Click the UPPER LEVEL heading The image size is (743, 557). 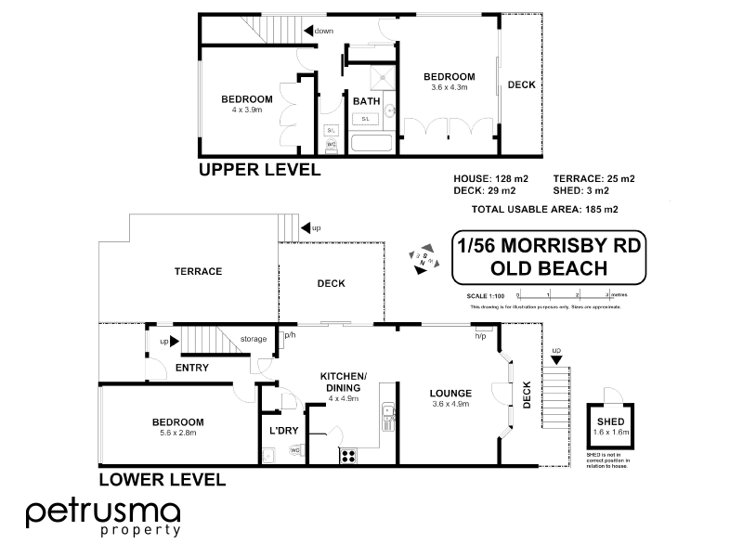(259, 170)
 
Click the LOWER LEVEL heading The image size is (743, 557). (162, 480)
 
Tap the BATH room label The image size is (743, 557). (365, 101)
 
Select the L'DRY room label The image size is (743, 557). (282, 432)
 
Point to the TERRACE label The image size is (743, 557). (198, 271)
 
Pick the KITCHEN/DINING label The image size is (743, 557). (344, 381)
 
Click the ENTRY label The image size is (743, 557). (191, 368)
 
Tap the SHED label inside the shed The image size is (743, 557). (610, 421)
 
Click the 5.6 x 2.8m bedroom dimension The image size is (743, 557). (177, 433)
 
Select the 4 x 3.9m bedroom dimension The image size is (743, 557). (246, 110)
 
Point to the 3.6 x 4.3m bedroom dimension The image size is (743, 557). (450, 87)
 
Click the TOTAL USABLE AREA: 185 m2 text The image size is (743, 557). (545, 209)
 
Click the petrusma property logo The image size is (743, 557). (103, 517)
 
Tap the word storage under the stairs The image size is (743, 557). (253, 339)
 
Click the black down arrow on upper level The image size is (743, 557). (308, 32)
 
